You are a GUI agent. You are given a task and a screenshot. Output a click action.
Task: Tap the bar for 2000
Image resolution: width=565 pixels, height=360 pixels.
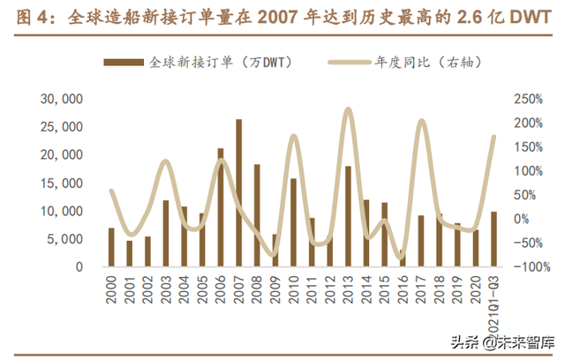[111, 247]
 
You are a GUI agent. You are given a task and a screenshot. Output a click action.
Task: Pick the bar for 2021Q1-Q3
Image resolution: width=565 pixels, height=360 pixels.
[493, 239]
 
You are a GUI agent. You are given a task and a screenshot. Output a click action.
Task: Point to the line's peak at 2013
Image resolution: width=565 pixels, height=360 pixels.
[348, 110]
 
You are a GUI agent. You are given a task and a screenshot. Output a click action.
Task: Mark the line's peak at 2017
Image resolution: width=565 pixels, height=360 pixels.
[421, 121]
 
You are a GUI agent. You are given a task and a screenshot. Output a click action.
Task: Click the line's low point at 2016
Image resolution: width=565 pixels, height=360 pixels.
[403, 257]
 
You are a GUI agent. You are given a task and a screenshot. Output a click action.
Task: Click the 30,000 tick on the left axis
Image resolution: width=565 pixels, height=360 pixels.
[62, 99]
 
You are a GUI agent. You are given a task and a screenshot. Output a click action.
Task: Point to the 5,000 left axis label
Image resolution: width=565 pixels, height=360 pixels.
[65, 239]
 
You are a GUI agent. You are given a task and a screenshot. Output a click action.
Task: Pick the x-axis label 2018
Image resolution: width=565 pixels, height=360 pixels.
[439, 292]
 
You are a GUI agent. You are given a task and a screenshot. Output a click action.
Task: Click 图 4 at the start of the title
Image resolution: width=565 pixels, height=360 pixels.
[30, 18]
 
